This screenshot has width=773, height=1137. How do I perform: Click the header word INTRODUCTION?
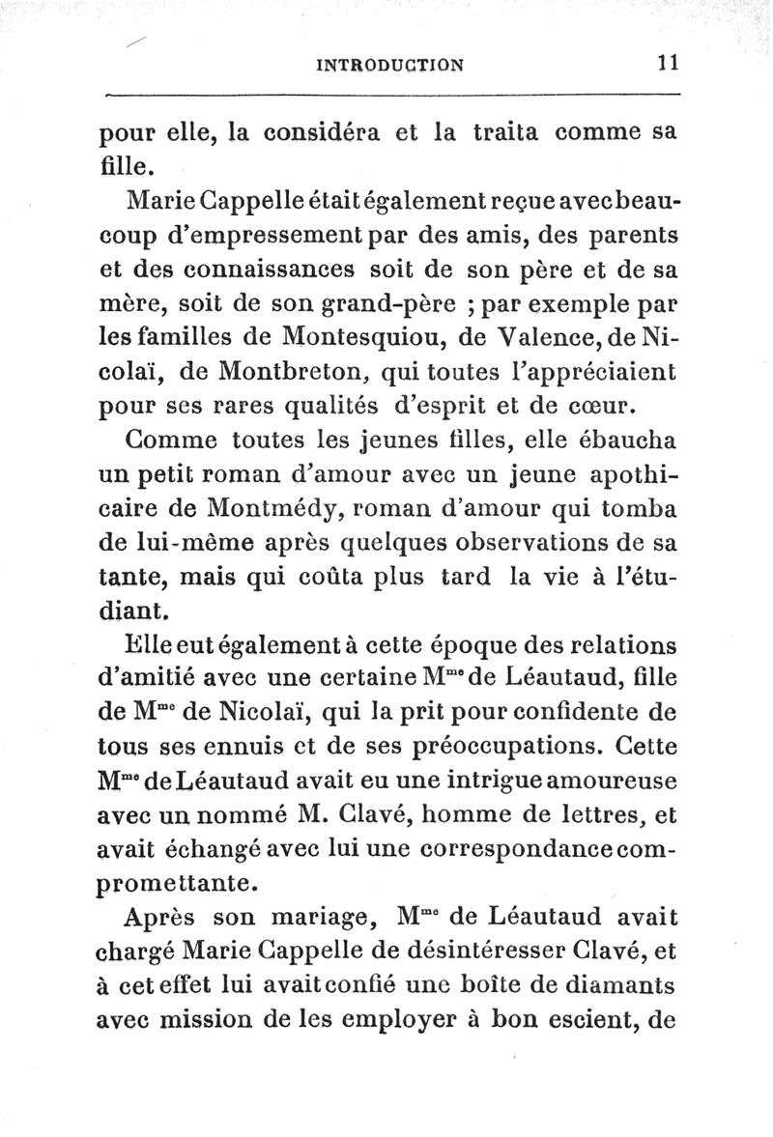pyautogui.click(x=390, y=65)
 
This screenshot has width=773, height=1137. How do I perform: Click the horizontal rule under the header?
pyautogui.click(x=391, y=94)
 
